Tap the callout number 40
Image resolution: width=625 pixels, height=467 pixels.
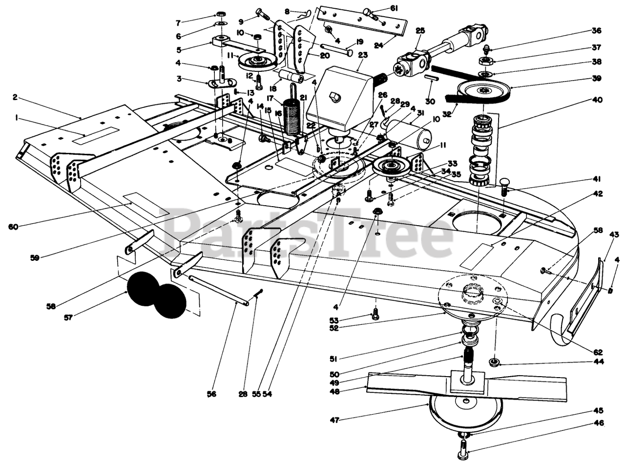coord(597,100)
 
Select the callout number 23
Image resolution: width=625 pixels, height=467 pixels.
coord(362,56)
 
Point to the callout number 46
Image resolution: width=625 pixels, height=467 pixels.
coord(598,423)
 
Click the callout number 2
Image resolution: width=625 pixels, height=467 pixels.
coord(15,98)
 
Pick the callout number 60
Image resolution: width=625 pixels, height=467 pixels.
coord(13,227)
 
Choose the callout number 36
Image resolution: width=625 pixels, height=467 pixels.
coord(596,31)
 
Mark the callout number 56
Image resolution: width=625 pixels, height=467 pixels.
coord(211,394)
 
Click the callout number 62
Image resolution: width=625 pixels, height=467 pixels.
coord(598,352)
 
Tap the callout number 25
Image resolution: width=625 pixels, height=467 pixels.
coord(420,30)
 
